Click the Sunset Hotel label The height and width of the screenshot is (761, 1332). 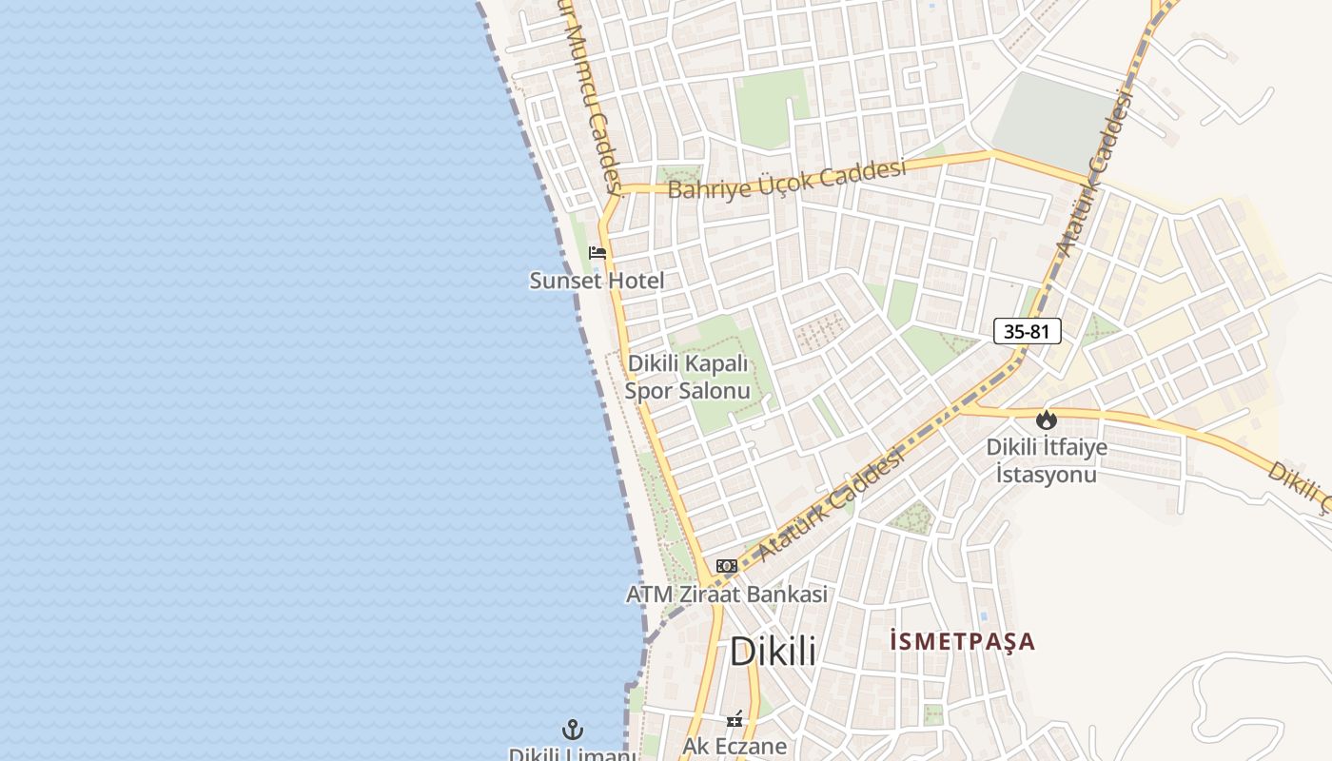click(597, 281)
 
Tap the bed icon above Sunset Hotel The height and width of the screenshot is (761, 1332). click(597, 252)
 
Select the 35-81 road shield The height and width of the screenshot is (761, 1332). click(1027, 331)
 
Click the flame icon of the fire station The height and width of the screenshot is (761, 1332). click(1047, 419)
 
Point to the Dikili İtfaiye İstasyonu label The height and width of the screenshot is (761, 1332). click(1047, 460)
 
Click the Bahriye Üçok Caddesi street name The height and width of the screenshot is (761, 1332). click(785, 179)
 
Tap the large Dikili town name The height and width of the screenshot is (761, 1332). click(773, 652)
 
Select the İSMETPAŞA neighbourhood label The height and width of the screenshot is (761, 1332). click(962, 641)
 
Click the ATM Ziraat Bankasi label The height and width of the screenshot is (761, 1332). click(726, 595)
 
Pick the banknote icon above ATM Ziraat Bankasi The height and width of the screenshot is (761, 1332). click(727, 566)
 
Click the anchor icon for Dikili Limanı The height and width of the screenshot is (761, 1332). click(573, 731)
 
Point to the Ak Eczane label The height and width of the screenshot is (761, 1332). click(735, 746)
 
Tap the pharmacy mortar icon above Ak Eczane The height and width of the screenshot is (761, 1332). click(735, 720)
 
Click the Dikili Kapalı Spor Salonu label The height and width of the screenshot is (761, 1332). click(688, 378)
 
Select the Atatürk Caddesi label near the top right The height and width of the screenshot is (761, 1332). click(1097, 173)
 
